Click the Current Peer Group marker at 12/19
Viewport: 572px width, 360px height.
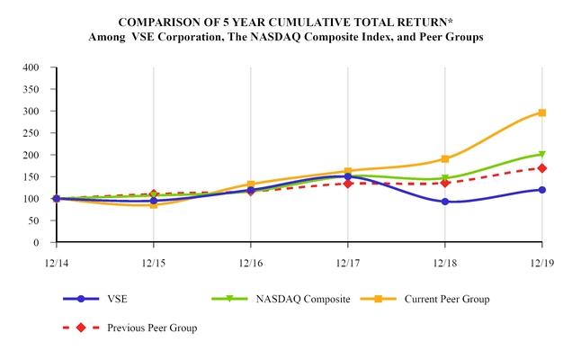tap(541, 112)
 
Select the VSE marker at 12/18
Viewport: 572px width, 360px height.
tap(444, 202)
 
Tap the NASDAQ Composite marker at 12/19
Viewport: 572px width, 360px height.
tap(541, 155)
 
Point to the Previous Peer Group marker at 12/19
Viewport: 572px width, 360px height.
tap(541, 168)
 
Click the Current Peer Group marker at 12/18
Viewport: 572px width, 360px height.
tap(444, 159)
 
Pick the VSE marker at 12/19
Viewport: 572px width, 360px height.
tap(541, 190)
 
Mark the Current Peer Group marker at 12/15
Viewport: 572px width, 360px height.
tap(154, 205)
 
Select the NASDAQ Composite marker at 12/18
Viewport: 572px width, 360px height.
tap(444, 178)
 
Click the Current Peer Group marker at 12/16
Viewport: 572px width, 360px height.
tap(251, 184)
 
